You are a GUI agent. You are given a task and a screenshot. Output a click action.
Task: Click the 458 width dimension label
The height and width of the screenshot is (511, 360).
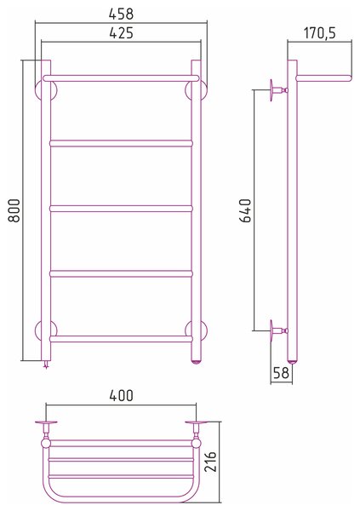coord(121,14)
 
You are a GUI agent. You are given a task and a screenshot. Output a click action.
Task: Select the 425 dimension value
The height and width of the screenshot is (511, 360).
coord(121,33)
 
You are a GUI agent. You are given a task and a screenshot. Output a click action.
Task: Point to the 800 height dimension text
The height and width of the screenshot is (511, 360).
coord(14,210)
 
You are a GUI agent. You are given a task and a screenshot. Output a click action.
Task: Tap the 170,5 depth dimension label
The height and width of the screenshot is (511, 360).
coord(319,33)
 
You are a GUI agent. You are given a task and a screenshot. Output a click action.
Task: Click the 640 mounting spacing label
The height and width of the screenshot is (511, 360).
coord(245,210)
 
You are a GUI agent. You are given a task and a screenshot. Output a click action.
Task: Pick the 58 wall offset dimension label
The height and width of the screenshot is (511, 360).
coord(281,372)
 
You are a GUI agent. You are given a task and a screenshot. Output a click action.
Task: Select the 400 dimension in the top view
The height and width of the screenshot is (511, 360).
coord(121,395)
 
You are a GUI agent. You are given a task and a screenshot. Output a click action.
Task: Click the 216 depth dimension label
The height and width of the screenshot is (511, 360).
coord(210,462)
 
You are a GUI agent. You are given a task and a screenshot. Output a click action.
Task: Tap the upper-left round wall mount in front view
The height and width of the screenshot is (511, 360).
coord(46,90)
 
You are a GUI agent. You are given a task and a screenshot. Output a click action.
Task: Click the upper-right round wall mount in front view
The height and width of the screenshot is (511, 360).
coord(196,90)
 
